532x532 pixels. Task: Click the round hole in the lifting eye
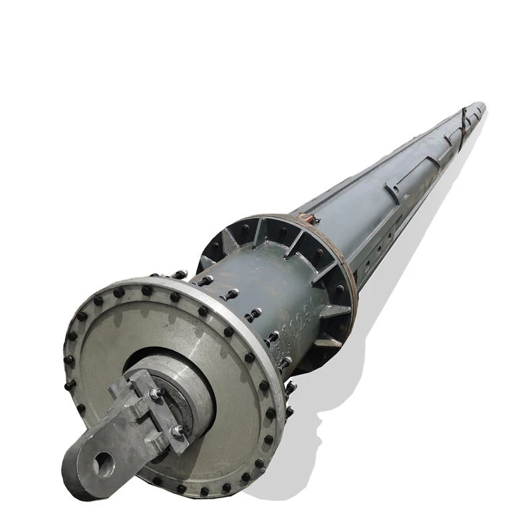click(x=100, y=463)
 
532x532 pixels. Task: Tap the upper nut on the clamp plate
click(x=156, y=393)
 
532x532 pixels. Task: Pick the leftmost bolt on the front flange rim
click(x=68, y=360)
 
